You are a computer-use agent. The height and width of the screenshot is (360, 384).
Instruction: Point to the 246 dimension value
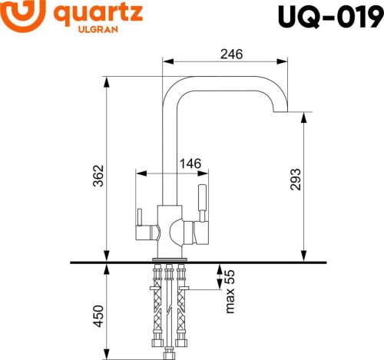pos(230,54)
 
